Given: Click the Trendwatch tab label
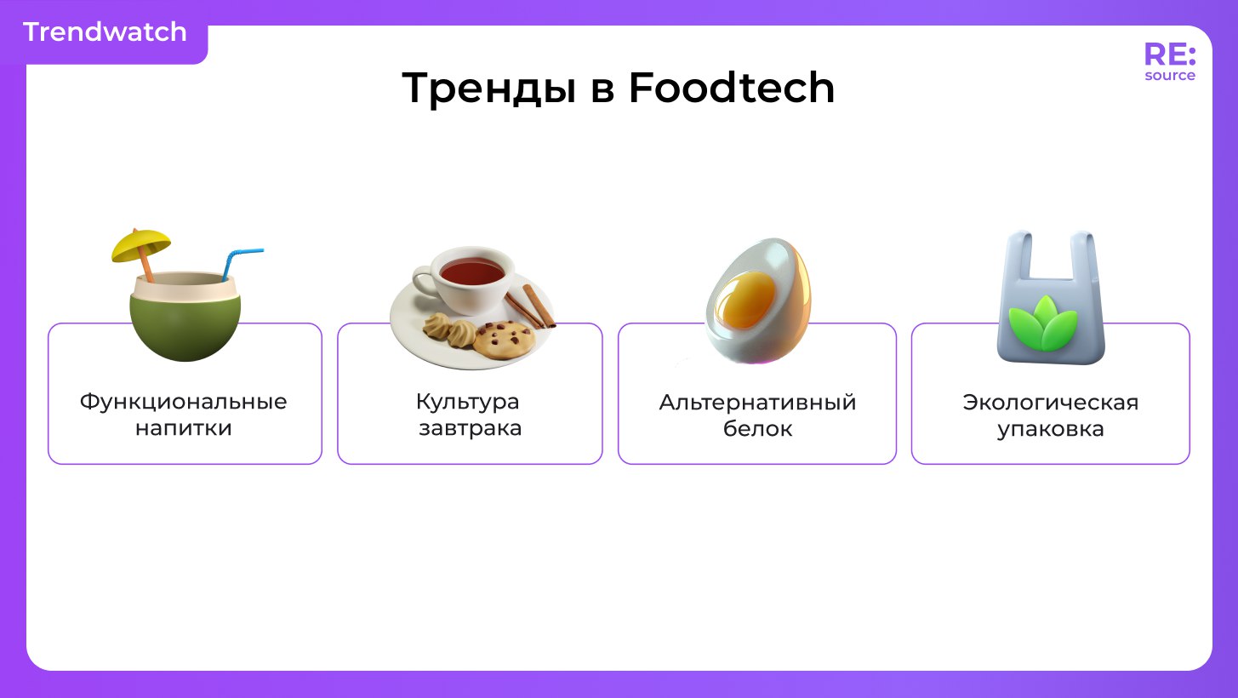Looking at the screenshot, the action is coord(105,32).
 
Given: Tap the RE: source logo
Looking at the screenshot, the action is coord(1169,61).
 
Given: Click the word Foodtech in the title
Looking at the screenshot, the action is coord(732,88).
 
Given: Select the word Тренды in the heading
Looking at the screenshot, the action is coord(490,89).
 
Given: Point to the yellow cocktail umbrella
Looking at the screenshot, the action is coord(141,244).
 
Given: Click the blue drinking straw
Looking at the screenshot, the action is coord(241,264).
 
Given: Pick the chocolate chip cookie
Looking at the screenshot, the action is coord(504,340).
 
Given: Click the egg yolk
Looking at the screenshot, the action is coord(745,300).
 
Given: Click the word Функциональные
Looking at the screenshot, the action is coord(184,402).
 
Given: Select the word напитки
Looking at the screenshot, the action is coord(184,428).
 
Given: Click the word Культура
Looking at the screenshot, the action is coord(468,403).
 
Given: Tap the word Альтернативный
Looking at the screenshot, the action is coord(757,402).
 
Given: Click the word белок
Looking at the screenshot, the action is coord(757,428).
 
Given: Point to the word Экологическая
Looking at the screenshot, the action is coord(1050,403).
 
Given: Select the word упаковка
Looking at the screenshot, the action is coord(1050,429).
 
